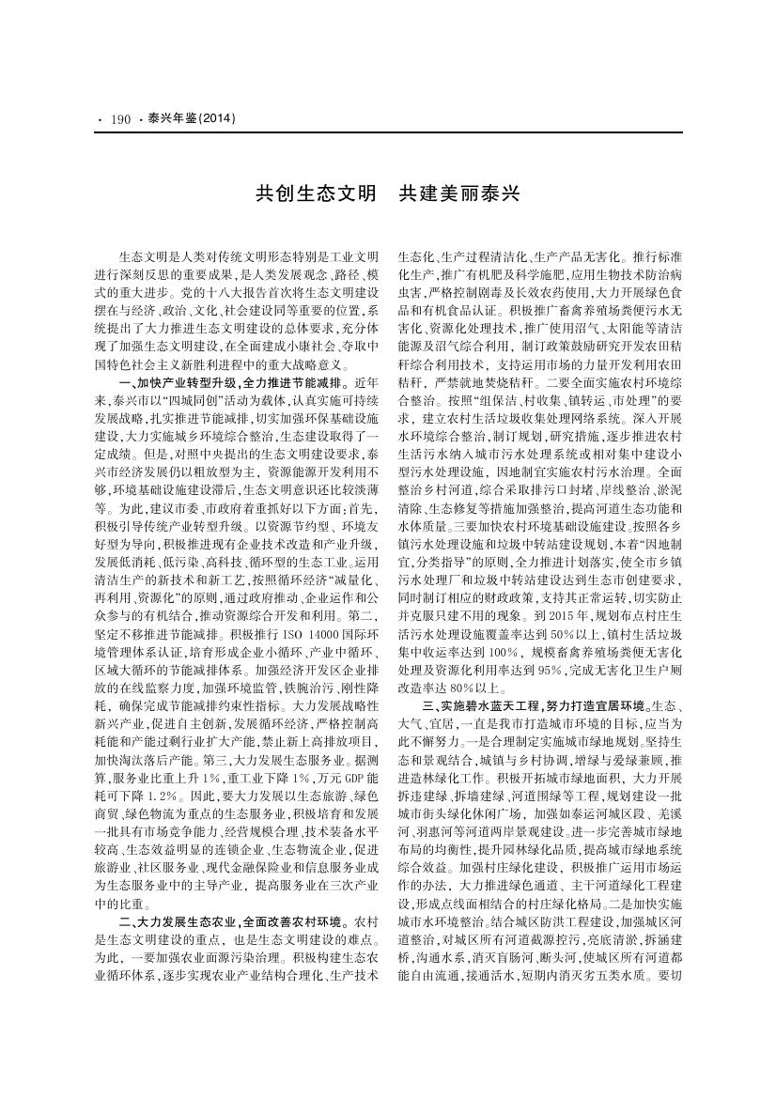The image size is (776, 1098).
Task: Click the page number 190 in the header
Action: tap(119, 119)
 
